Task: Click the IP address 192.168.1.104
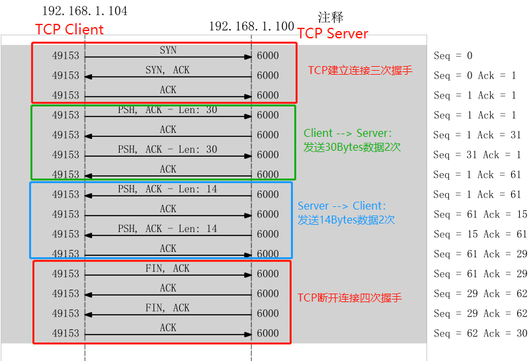85,11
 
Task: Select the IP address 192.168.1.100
251,26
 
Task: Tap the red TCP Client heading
69,29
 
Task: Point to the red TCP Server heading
333,34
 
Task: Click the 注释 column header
331,17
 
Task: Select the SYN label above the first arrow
168,50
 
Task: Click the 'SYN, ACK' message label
168,70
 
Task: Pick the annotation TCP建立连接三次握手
360,70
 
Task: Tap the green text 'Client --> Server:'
348,133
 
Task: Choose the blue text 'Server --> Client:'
341,206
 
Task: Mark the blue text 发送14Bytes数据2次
346,220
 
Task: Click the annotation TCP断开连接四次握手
349,298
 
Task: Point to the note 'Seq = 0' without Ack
453,56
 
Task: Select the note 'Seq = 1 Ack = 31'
477,135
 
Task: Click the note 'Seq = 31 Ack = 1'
477,155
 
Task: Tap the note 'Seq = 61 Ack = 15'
480,214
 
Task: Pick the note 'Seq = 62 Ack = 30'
480,333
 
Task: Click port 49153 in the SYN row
65,56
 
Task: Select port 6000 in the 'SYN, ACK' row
268,75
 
